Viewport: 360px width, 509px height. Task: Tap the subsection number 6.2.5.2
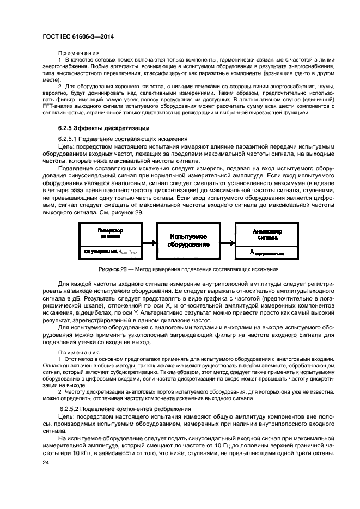pos(71,408)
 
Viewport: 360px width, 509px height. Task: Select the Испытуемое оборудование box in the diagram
pos(188,241)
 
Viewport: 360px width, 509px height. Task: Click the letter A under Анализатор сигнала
pos(252,252)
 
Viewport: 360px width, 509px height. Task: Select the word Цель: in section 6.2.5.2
pos(68,416)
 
